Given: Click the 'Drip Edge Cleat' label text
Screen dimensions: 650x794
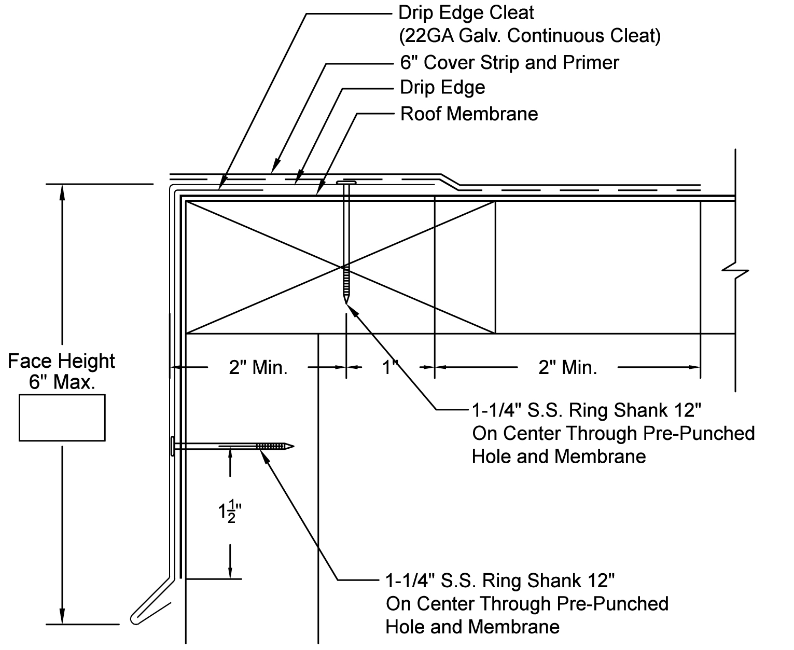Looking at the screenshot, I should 466,13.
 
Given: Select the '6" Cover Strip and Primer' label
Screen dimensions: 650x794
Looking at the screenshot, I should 509,63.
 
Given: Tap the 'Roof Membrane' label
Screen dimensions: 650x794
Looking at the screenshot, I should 469,114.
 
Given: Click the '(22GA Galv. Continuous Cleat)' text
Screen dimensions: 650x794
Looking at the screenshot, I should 530,36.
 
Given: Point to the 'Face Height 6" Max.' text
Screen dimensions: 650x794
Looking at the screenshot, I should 62,371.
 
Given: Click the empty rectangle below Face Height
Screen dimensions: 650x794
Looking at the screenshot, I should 62,418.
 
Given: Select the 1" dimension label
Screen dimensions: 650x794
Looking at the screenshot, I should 389,368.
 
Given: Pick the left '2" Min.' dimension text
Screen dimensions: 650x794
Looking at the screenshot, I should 258,368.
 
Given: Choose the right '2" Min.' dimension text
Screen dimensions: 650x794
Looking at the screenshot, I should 568,368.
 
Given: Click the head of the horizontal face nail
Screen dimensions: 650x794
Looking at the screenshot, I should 173,446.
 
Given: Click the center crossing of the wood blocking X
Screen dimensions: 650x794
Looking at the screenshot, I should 342,267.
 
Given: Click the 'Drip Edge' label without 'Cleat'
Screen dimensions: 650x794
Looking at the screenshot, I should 442,88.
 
